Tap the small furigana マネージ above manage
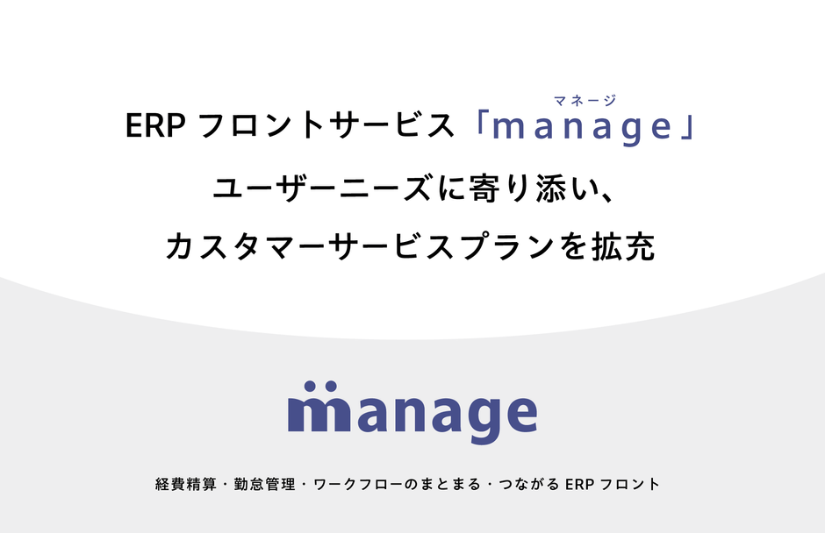pyautogui.click(x=586, y=101)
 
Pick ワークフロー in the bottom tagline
pyautogui.click(x=355, y=484)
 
